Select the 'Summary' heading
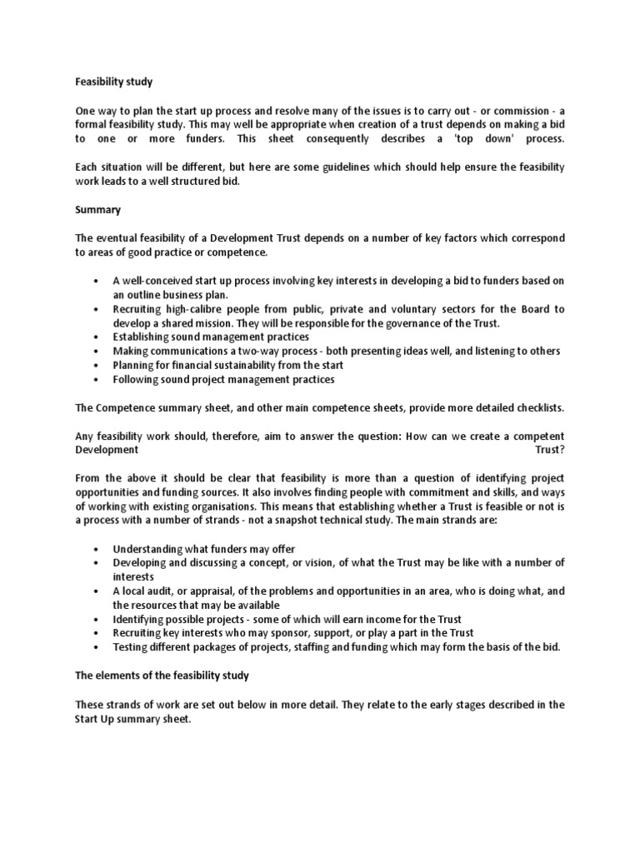coord(97,210)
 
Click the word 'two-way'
coord(276,352)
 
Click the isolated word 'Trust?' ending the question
coord(549,450)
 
